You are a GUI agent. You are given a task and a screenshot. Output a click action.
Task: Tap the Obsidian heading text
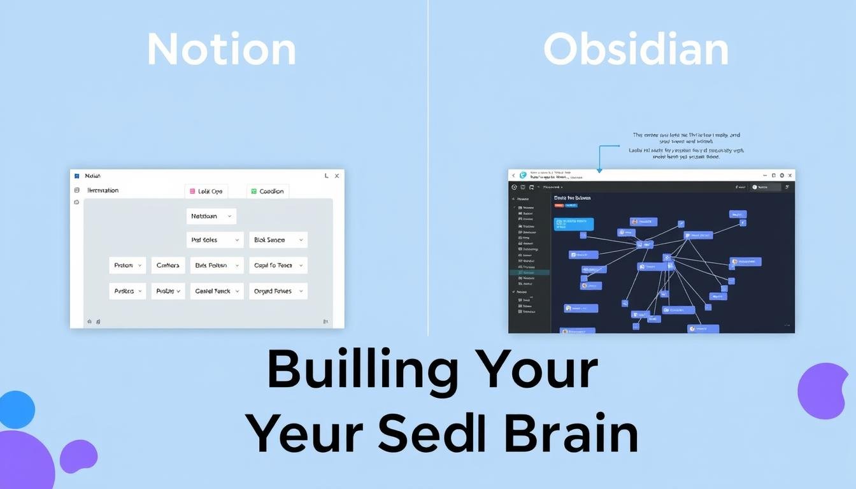636,50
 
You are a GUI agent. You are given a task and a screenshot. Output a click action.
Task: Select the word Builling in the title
362,371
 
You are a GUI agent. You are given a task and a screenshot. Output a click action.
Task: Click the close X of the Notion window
337,176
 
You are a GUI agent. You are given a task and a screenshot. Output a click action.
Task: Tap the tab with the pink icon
206,191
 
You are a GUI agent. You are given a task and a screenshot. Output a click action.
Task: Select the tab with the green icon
267,191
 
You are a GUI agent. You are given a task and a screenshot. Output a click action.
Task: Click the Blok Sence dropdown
278,240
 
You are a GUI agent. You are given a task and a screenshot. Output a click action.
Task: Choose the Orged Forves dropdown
278,291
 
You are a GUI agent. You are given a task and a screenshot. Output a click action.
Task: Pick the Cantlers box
168,266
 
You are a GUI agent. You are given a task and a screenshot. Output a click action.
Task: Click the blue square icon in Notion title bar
76,176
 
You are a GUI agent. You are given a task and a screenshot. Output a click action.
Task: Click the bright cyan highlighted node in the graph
574,223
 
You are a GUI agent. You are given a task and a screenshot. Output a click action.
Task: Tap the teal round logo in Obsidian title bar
524,175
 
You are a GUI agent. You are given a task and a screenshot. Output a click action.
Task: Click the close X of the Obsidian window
790,175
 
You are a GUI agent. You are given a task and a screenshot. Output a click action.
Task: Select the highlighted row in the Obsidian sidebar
529,272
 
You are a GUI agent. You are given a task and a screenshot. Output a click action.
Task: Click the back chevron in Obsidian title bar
513,175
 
